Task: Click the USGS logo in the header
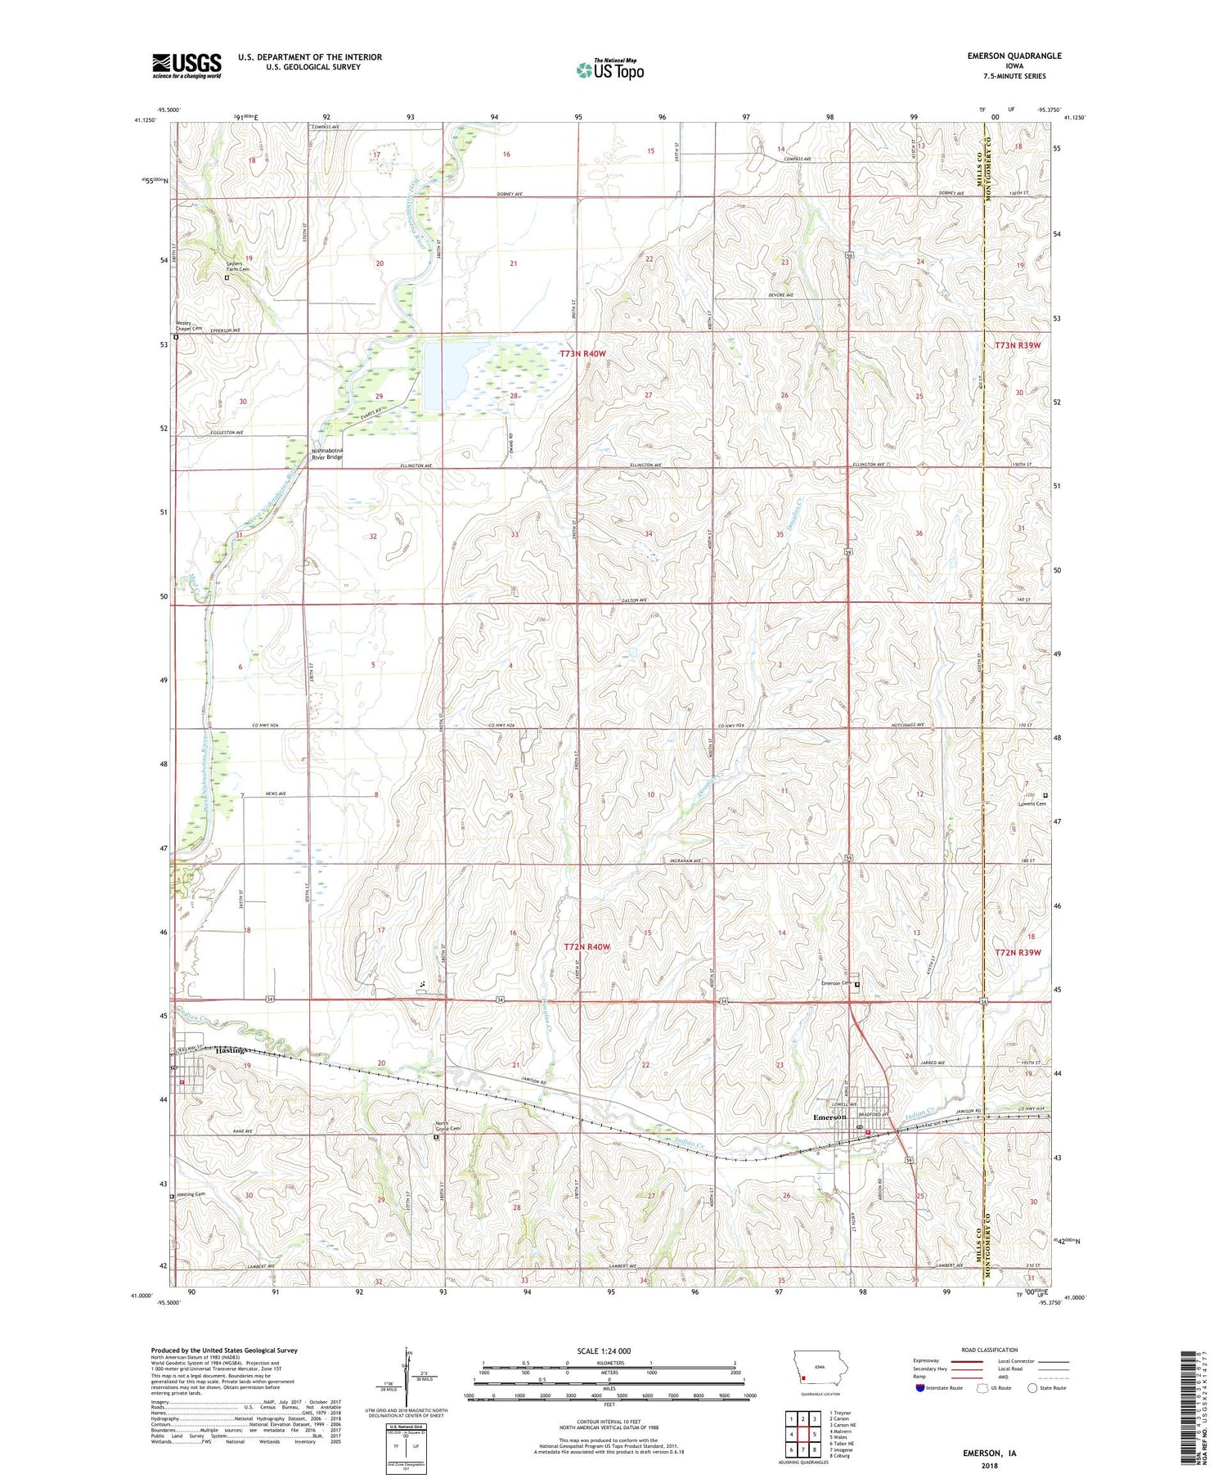187,65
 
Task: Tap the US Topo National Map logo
609,70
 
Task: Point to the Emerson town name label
829,1117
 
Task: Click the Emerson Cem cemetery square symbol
857,985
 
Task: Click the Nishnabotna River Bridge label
326,454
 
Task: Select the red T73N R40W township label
583,353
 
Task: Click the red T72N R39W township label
1018,952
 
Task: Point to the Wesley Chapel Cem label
189,326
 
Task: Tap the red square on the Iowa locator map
803,1377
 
